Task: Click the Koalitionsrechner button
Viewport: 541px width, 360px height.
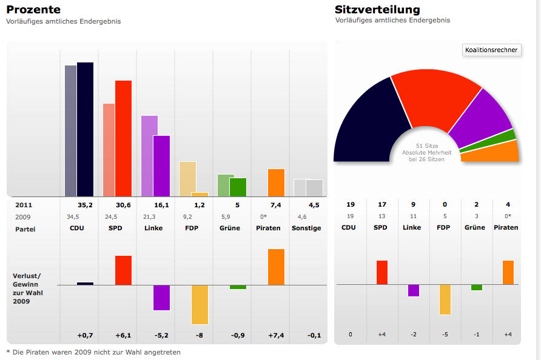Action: (491, 50)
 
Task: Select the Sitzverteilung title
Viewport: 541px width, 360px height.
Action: (377, 10)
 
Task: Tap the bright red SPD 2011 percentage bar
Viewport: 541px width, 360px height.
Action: (123, 138)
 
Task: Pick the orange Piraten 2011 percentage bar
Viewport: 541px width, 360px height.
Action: (276, 182)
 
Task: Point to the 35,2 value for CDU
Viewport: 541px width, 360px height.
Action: (85, 205)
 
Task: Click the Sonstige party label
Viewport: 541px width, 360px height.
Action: (306, 228)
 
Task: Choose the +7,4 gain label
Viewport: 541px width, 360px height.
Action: (276, 335)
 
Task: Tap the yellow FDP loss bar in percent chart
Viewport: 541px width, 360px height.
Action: (200, 304)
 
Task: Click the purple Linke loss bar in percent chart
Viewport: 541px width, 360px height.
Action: (161, 298)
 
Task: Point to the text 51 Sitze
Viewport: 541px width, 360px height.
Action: (426, 146)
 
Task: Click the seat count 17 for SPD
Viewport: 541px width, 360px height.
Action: (381, 205)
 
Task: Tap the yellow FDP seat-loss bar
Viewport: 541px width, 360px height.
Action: (445, 299)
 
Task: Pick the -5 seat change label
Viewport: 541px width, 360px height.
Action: (445, 335)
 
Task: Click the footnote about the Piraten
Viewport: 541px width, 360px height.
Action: (93, 352)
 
